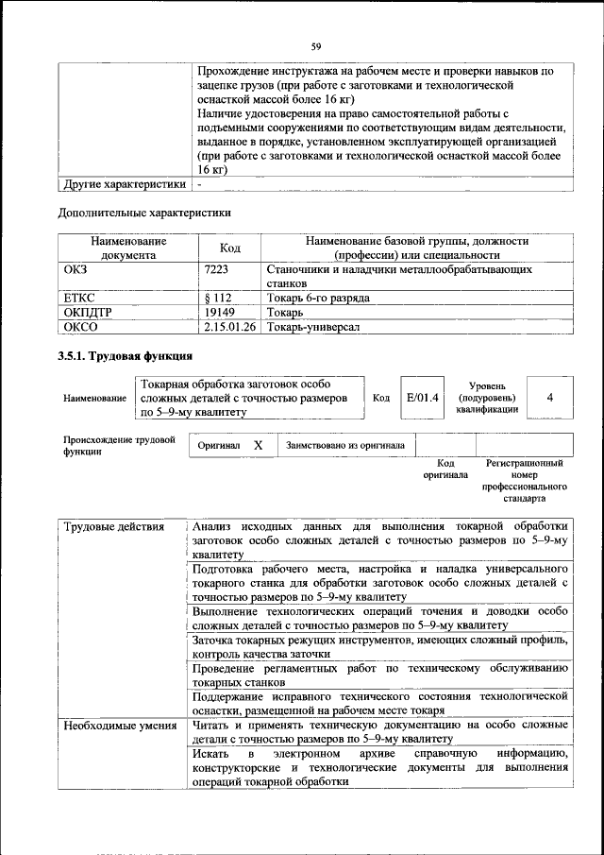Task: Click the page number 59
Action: pos(316,43)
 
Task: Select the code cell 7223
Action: pos(216,269)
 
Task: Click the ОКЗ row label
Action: pos(75,269)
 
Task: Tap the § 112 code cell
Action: pos(219,298)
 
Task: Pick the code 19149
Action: pos(219,312)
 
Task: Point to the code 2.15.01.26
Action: pos(229,327)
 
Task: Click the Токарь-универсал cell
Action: pos(314,327)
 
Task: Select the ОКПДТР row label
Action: pos(87,312)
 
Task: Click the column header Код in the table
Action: pos(229,248)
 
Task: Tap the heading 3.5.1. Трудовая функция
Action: pos(126,356)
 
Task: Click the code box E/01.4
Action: pos(422,398)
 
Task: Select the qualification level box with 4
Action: pos(549,398)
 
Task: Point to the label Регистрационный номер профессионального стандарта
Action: pos(524,480)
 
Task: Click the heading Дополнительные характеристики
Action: pos(144,213)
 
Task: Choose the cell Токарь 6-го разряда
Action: pos(317,298)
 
